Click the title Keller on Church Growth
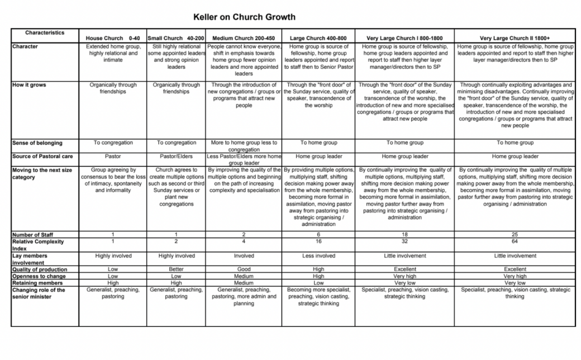pyautogui.click(x=244, y=17)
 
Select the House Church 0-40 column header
pyautogui.click(x=113, y=38)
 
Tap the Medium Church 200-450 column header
pyautogui.click(x=244, y=38)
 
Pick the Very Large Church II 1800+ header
pyautogui.click(x=515, y=38)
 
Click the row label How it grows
pyautogui.click(x=28, y=85)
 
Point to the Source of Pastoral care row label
pyautogui.click(x=42, y=156)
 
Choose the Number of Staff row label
pyautogui.click(x=33, y=235)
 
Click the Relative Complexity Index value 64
pyautogui.click(x=515, y=241)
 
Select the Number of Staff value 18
pyautogui.click(x=405, y=235)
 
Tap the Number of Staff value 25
pyautogui.click(x=515, y=235)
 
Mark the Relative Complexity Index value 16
pyautogui.click(x=318, y=241)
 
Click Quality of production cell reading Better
pyautogui.click(x=177, y=269)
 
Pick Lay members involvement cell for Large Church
pyautogui.click(x=318, y=255)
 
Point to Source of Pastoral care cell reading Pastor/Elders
pyautogui.click(x=177, y=156)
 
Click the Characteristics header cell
pyautogui.click(x=45, y=33)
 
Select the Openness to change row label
pyautogui.click(x=39, y=276)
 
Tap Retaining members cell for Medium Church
pyautogui.click(x=244, y=283)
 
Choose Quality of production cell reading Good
pyautogui.click(x=244, y=269)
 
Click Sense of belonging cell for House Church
pyautogui.click(x=113, y=143)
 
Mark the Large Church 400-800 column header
pyautogui.click(x=318, y=38)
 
